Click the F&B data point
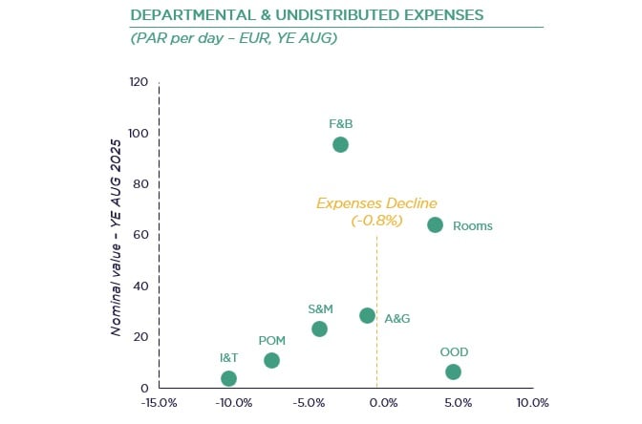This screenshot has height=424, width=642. (x=340, y=144)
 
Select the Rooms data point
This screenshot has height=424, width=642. (x=435, y=224)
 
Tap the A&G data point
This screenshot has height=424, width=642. (x=367, y=315)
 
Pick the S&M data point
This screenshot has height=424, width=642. (x=319, y=329)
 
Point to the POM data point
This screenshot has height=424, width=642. (x=271, y=360)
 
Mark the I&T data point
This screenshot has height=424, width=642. (x=228, y=378)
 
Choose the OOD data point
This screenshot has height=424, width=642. (x=453, y=371)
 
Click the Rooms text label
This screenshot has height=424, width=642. (x=472, y=226)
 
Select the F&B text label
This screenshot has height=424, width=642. (x=341, y=123)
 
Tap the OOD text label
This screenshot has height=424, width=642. (x=454, y=351)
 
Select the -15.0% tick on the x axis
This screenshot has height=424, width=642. (x=159, y=402)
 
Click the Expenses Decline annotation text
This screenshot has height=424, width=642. (x=376, y=203)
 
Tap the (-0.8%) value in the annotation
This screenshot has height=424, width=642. (x=376, y=221)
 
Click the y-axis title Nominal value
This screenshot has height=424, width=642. (x=116, y=258)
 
